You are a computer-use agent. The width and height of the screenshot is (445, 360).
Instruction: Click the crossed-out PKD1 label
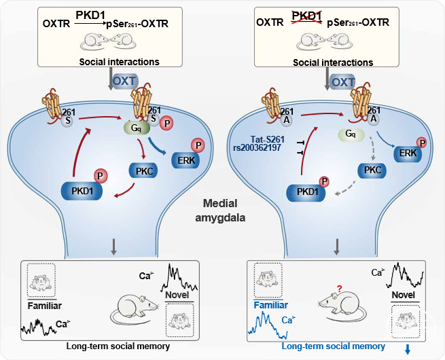[307, 16]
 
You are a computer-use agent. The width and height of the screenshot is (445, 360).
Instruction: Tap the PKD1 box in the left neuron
[82, 191]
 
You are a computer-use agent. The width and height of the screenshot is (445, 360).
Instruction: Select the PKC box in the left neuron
[143, 170]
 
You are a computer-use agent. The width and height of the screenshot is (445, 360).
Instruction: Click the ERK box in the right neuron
[408, 154]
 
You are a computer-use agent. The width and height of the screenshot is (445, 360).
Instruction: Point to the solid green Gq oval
[137, 128]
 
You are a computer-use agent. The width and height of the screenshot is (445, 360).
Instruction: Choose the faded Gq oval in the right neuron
[351, 134]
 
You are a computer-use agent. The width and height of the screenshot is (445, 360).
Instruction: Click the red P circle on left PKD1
[100, 176]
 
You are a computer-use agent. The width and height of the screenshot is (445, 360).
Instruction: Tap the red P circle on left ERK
[198, 145]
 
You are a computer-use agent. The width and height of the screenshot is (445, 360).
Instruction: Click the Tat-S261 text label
[267, 139]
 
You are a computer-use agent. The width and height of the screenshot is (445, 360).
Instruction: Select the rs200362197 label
[257, 147]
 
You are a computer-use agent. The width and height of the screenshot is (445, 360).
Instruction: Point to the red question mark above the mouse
[339, 289]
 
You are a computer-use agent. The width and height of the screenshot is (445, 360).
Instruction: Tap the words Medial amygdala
[220, 211]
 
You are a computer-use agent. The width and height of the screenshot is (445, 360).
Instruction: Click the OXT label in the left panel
[125, 81]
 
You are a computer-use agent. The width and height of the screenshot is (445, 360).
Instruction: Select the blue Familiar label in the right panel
[271, 305]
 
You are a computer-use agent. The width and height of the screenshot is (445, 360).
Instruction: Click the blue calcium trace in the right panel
[268, 325]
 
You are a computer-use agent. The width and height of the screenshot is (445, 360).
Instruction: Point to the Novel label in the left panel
[177, 295]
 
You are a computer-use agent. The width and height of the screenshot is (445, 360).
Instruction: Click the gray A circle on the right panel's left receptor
[287, 120]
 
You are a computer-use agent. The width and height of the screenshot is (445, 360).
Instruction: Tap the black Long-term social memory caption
[118, 346]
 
